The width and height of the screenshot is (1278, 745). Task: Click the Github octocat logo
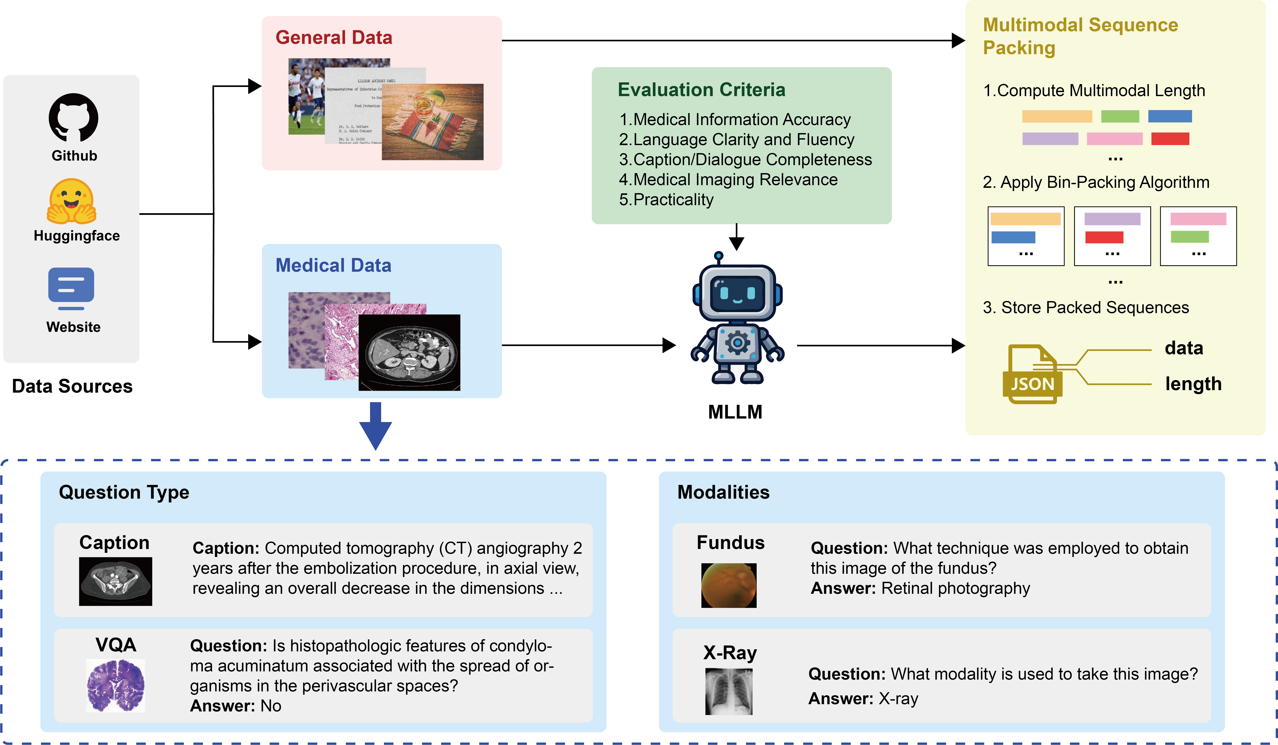[x=74, y=118]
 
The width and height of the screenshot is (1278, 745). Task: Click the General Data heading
[x=334, y=38]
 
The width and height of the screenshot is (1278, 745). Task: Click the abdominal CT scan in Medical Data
[x=409, y=353]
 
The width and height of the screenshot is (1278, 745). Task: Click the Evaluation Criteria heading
[x=701, y=90]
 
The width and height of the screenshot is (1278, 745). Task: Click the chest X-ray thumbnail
[x=729, y=691]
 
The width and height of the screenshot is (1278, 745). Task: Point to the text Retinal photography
[x=955, y=588]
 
